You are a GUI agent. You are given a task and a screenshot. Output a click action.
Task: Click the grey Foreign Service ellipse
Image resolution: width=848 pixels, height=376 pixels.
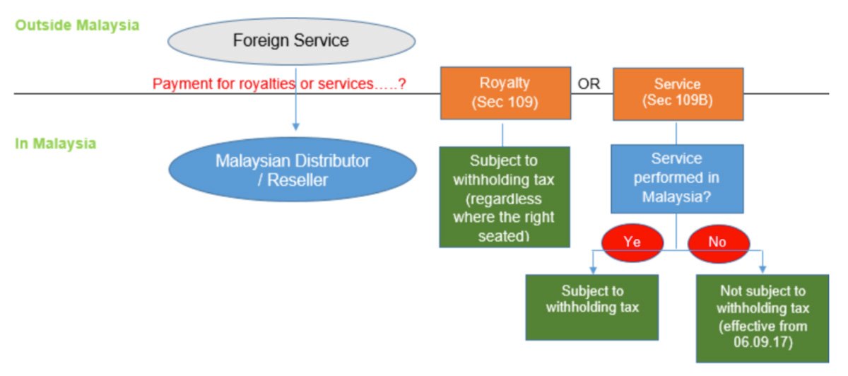(x=290, y=41)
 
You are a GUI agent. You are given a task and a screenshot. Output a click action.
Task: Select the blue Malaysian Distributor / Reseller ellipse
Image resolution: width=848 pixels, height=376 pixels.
(x=292, y=170)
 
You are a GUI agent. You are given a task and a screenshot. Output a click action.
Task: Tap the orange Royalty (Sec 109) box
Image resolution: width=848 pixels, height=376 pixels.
(x=505, y=93)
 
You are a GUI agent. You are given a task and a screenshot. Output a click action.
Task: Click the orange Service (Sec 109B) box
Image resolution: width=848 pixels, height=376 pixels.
(x=677, y=93)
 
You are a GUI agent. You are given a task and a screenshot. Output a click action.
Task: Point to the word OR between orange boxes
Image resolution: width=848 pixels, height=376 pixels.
(x=589, y=84)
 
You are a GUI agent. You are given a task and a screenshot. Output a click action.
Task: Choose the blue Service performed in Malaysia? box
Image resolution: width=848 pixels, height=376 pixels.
(x=676, y=178)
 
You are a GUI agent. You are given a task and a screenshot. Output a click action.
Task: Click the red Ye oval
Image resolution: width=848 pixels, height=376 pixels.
(x=632, y=242)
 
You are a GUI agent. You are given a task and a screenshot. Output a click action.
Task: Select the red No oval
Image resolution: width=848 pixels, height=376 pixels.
(x=717, y=242)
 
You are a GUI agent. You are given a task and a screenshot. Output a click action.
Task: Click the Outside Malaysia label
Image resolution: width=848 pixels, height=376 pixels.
(x=77, y=25)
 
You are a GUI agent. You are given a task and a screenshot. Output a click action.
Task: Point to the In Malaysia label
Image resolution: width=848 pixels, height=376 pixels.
(x=55, y=143)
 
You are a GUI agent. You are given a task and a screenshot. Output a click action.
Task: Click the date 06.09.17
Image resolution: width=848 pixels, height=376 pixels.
(x=762, y=343)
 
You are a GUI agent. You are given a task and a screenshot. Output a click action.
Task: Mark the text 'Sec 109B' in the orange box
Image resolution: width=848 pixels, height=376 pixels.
(x=677, y=100)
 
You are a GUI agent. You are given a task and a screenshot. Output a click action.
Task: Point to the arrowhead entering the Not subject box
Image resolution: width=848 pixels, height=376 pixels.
(x=763, y=269)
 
